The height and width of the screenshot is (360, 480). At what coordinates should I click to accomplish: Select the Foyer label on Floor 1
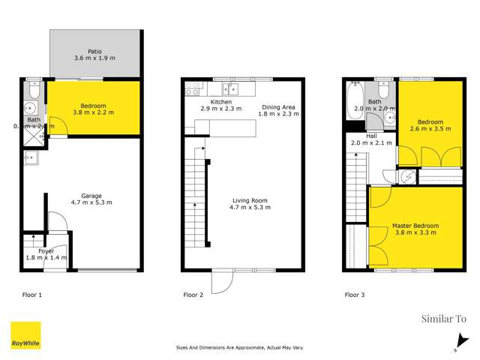coord(46,250)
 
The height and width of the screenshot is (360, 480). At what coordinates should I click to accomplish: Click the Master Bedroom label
coord(415,226)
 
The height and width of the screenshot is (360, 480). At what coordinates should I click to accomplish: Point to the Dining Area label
coord(279,107)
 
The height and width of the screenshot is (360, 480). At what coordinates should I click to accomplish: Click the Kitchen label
coord(200,102)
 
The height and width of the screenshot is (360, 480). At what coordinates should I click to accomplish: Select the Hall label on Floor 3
coord(373,135)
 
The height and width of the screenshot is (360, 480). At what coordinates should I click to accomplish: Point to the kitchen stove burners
coord(192,87)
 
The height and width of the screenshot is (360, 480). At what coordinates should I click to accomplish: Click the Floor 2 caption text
coord(193,295)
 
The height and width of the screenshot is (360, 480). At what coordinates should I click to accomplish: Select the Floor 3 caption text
coord(354,295)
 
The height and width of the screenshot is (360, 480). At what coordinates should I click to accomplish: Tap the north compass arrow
coord(456,347)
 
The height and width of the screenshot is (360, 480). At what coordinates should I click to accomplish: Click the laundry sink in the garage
coord(31,157)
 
